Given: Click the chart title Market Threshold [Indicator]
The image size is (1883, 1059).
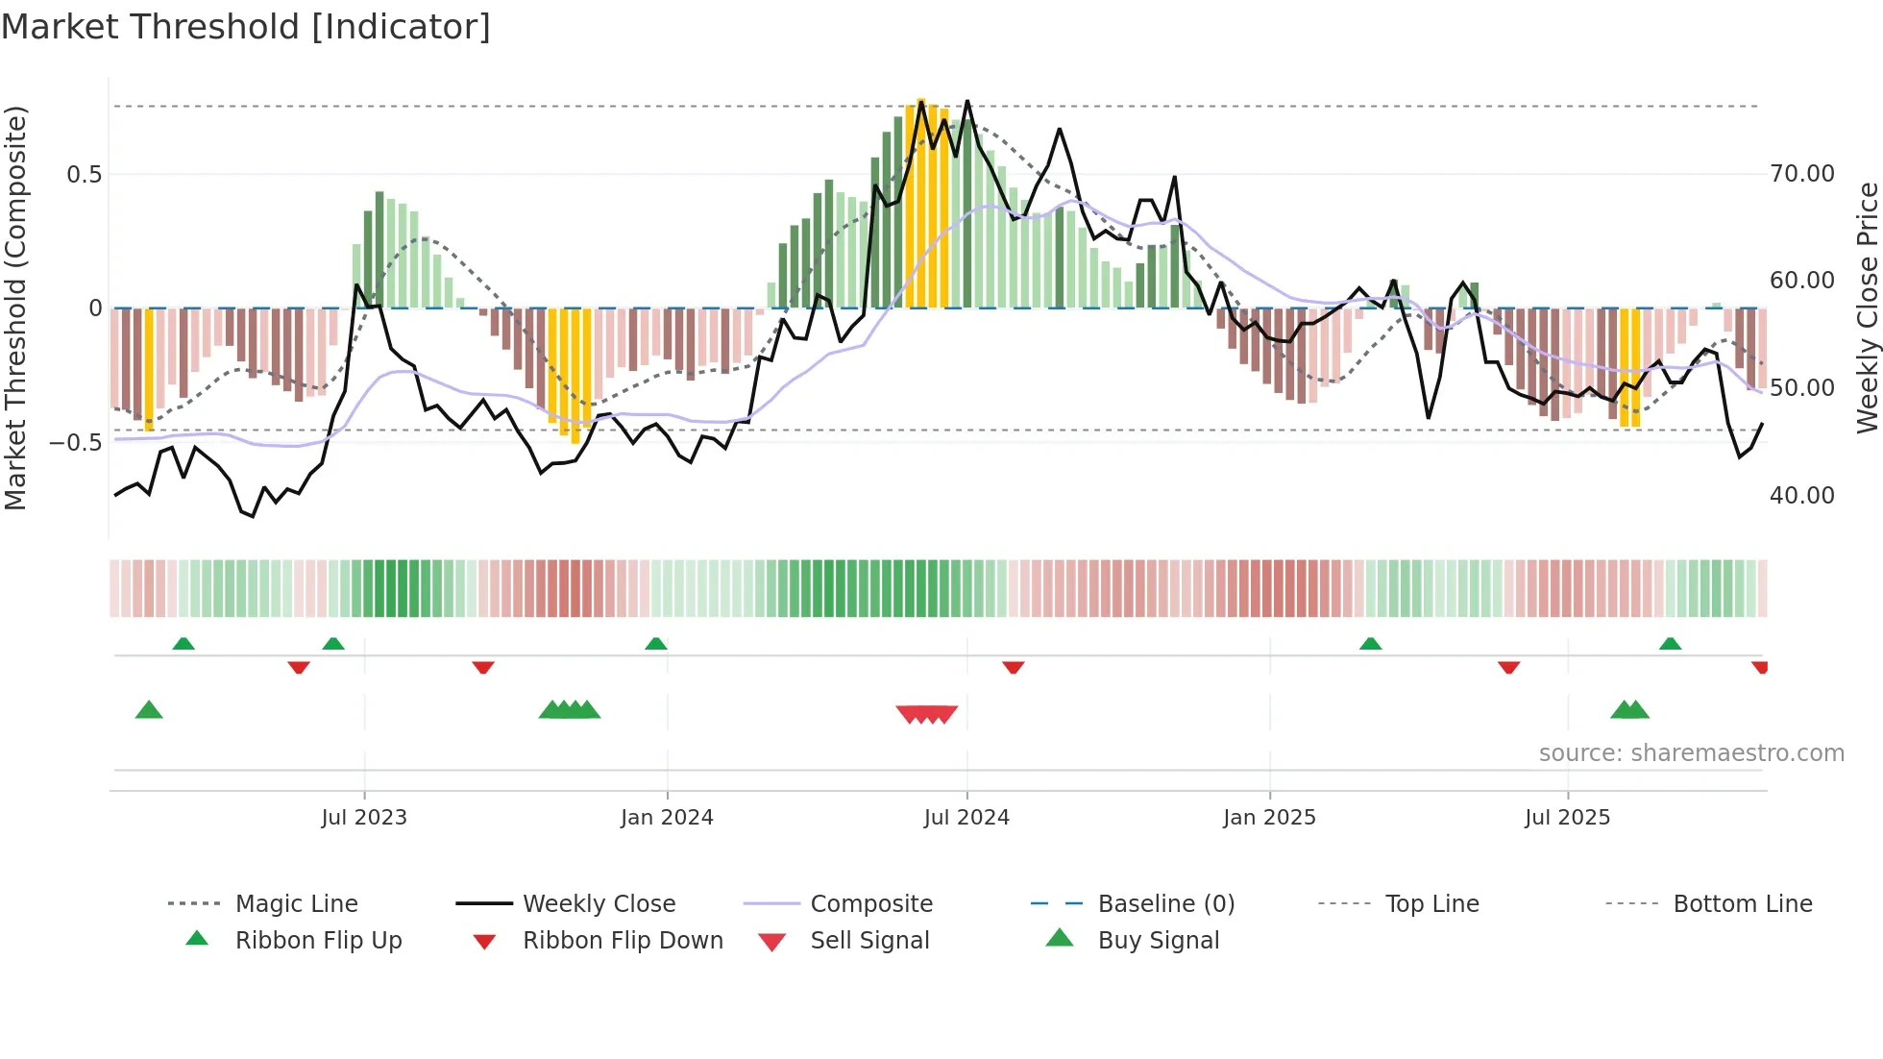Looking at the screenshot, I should [246, 27].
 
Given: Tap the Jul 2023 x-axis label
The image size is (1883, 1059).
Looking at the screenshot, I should [364, 817].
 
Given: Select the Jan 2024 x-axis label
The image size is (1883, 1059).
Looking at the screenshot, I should [667, 817].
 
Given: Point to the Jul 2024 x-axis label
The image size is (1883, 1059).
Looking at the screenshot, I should [966, 817].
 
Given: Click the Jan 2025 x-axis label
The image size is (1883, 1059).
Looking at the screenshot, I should [1269, 817].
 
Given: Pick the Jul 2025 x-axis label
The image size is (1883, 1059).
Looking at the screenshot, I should [1567, 817].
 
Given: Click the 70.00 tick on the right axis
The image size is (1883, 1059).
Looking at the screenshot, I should [1802, 174].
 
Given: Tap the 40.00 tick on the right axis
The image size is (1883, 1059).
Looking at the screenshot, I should [1802, 495].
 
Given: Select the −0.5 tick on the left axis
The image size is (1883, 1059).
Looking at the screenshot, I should [76, 443].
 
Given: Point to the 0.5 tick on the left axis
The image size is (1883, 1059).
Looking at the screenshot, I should [84, 174].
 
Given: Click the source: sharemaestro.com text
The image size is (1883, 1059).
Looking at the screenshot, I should [1691, 752].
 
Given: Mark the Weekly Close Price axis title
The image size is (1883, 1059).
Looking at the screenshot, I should [1867, 308].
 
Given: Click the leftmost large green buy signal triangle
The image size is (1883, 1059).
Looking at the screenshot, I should [149, 710].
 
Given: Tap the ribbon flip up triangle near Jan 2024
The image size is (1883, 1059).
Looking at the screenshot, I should [656, 644].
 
